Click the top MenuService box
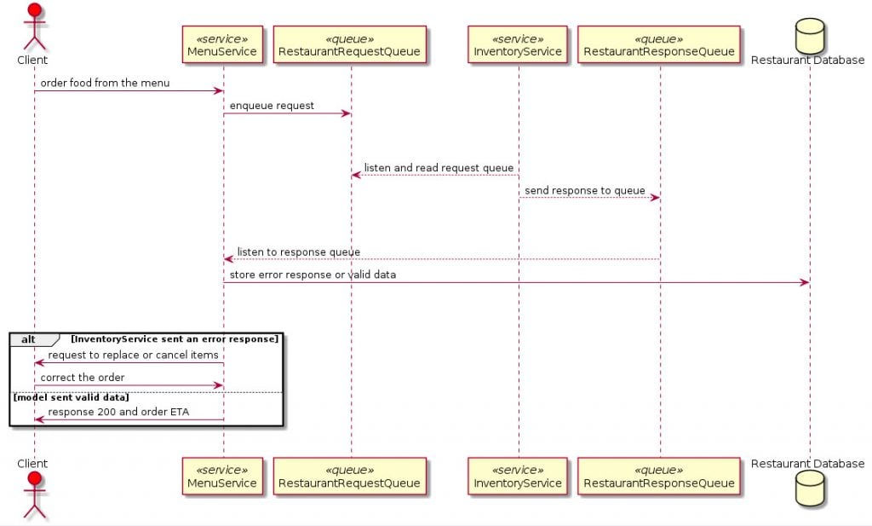tap(222, 45)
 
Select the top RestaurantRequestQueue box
tap(349, 45)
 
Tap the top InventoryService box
tap(518, 45)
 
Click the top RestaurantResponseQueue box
tap(659, 45)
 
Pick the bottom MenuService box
tap(222, 477)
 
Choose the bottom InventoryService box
tap(518, 477)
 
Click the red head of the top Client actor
tap(34, 11)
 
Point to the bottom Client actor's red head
tap(34, 479)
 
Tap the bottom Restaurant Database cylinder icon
tap(808, 489)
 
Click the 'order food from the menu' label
tap(105, 83)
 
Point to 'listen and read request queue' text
tap(439, 168)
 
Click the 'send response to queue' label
tap(584, 190)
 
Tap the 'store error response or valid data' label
tap(313, 275)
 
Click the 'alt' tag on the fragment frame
tap(29, 338)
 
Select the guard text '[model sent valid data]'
tap(72, 397)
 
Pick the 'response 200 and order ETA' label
tap(119, 412)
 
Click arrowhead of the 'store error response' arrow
tap(804, 282)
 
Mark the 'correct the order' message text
tap(83, 377)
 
